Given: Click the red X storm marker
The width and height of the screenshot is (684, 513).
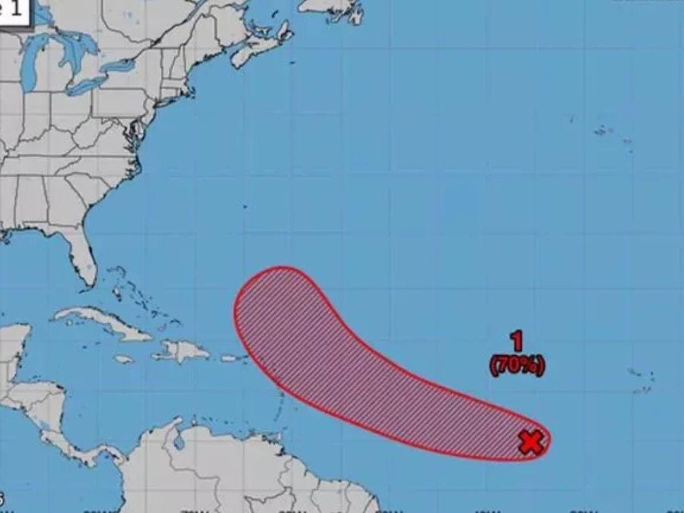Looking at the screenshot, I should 531,442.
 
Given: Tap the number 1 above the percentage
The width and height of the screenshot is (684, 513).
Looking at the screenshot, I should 517,341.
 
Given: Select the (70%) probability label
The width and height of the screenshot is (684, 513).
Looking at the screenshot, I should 517,365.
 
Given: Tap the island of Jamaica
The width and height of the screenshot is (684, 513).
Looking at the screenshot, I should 124,359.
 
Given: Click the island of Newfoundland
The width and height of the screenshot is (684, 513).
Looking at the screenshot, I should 331,8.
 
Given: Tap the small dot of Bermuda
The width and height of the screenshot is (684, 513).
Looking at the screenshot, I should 245,206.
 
